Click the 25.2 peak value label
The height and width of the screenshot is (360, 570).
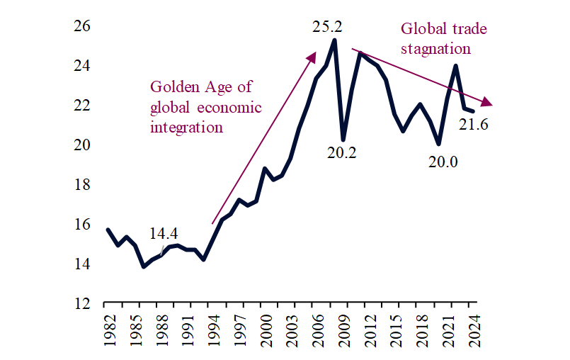pyautogui.click(x=327, y=28)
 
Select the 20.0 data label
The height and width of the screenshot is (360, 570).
pyautogui.click(x=443, y=162)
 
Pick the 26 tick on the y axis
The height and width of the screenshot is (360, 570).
pyautogui.click(x=84, y=26)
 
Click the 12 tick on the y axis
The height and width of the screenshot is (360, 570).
pyautogui.click(x=84, y=303)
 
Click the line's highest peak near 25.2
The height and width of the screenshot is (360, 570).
pyautogui.click(x=334, y=40)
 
